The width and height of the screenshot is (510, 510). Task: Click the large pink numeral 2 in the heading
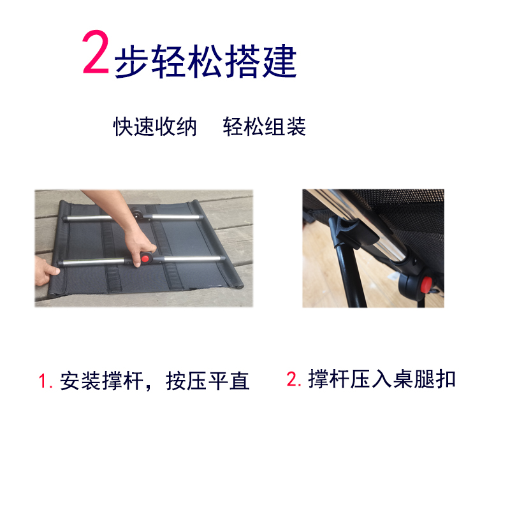point(95,52)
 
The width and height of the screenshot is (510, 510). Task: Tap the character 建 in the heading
point(280,61)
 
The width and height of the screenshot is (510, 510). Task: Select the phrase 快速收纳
point(155,126)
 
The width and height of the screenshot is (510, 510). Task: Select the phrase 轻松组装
point(264,126)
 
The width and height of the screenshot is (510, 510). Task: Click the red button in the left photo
point(145,259)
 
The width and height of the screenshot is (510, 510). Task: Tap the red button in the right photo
point(426,284)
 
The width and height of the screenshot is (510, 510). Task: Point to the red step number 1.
point(45,381)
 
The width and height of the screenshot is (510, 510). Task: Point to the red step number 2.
point(294,379)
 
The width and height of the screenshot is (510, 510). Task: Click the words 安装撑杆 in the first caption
point(101,381)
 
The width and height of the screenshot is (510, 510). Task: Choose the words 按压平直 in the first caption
point(208,381)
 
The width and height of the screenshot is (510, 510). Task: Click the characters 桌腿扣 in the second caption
point(424,379)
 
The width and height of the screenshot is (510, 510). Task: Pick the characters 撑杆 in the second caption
point(328,379)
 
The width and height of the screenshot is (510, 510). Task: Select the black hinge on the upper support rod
point(138,215)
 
